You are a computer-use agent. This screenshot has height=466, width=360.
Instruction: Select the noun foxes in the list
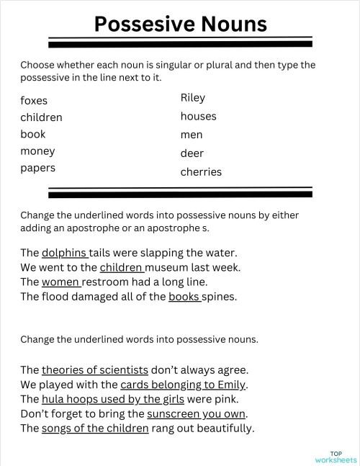34,101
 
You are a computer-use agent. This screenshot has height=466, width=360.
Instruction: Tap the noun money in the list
37,151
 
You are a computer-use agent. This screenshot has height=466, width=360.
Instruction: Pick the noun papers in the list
37,168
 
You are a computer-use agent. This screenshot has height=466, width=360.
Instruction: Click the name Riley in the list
193,98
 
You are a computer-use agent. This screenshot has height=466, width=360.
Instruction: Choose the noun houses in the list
198,116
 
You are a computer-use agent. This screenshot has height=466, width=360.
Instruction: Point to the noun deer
192,153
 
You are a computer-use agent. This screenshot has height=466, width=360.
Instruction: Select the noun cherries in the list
201,172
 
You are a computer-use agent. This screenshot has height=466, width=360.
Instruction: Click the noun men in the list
192,135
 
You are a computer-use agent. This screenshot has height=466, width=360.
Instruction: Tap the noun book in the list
33,134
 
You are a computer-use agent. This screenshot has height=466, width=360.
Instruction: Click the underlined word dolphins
64,253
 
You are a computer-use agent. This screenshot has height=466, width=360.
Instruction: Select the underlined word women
60,282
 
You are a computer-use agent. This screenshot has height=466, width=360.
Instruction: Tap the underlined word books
184,296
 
